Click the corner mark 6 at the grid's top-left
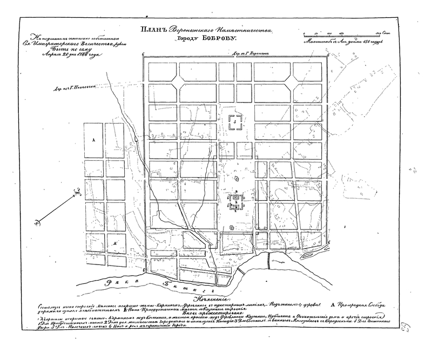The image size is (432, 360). point(143,55)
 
